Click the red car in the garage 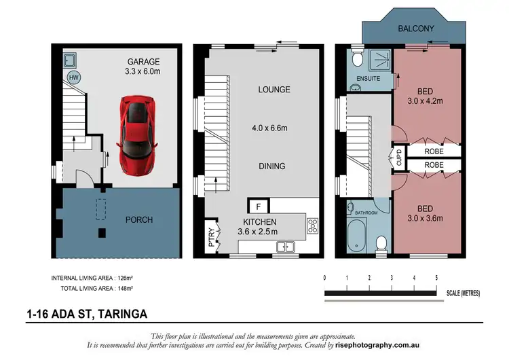pos(138,133)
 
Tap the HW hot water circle pos(73,77)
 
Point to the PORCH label pos(140,219)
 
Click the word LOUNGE pos(274,90)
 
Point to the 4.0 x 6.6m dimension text pos(274,128)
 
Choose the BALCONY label pos(416,28)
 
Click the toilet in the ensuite pos(359,62)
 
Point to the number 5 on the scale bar pos(436,278)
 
